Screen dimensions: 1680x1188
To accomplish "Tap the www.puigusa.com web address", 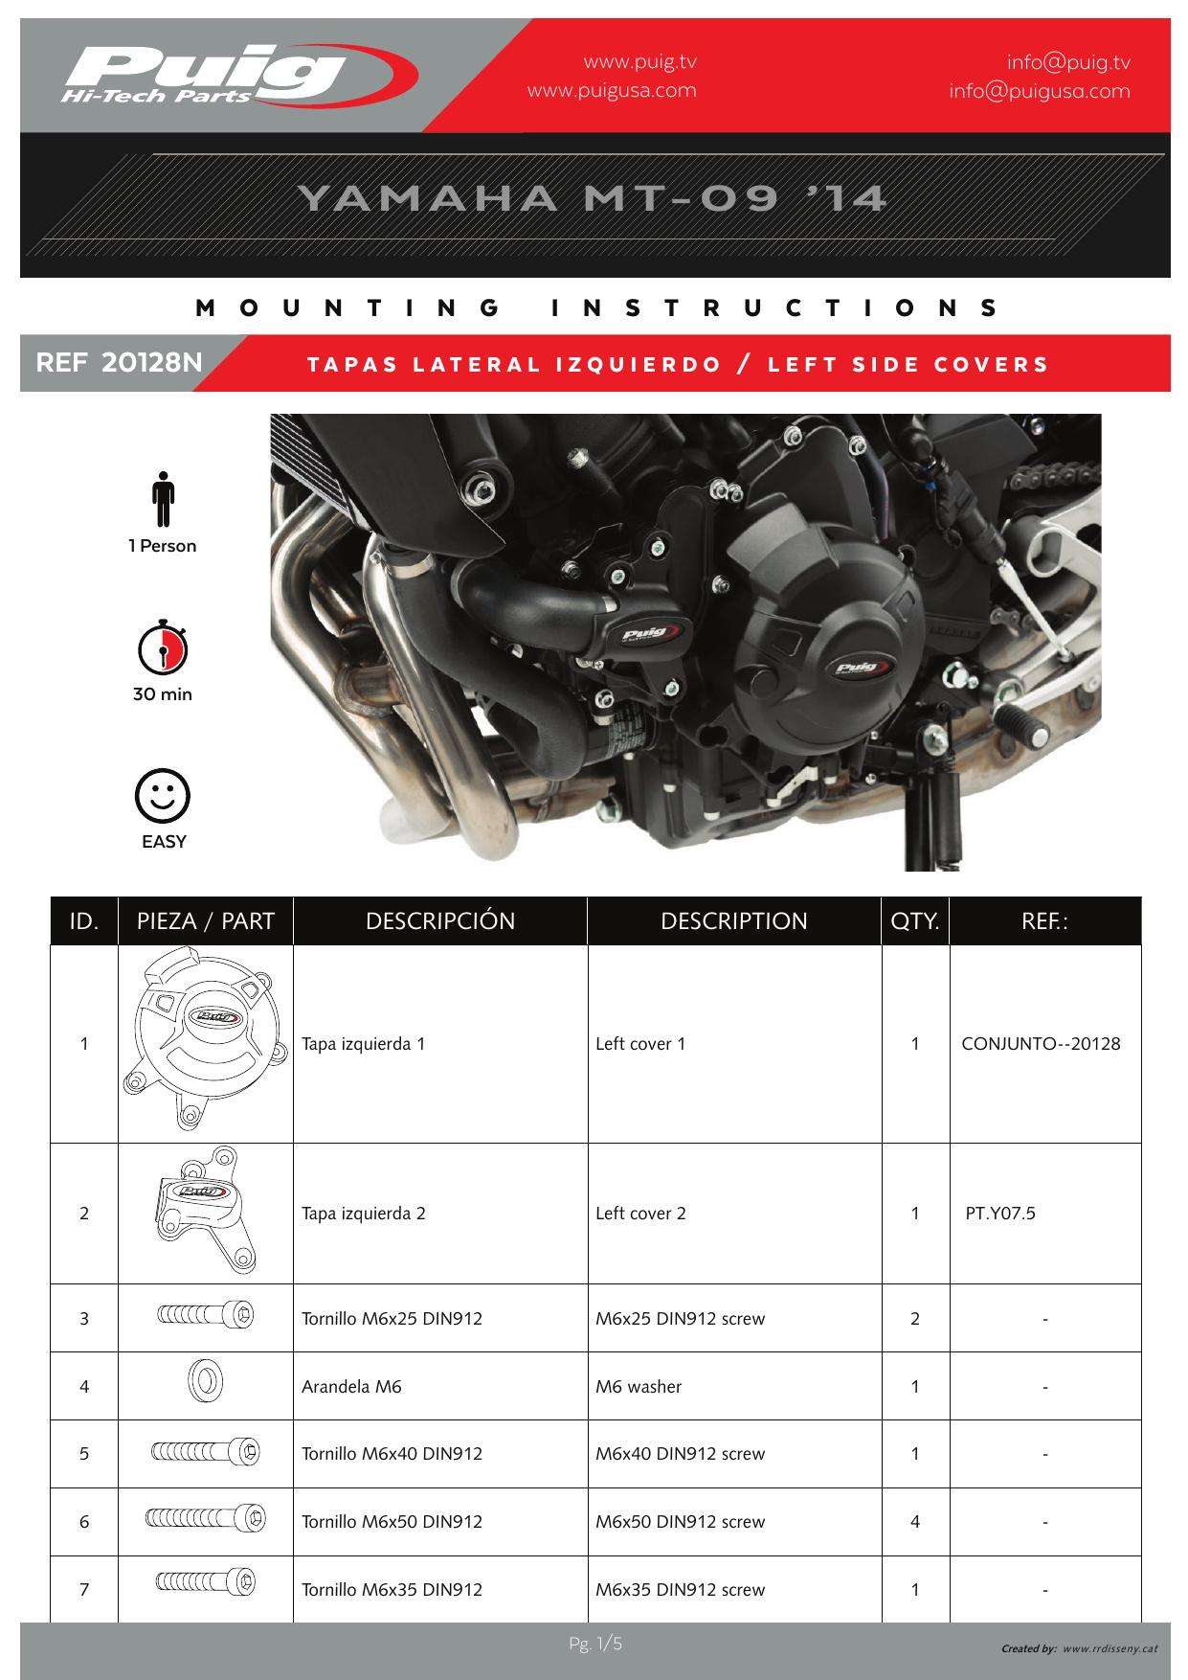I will pos(612,91).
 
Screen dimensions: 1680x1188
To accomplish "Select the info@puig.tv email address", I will pos(1067,62).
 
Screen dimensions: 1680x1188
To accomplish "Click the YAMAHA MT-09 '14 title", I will pos(593,198).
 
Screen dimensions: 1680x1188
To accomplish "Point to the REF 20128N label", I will pos(119,364).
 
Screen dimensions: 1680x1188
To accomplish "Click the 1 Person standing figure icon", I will pos(164,499).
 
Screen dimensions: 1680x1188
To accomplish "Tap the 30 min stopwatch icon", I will pos(163,648).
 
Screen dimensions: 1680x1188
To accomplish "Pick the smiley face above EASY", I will pos(163,795).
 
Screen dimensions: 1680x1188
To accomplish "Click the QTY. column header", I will pos(915,921).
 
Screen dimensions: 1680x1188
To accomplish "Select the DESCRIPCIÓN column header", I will pos(440,921).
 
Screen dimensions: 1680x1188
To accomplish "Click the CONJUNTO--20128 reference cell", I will pos(1041,1044).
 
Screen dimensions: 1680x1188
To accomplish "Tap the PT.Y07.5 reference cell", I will pos(1000,1214).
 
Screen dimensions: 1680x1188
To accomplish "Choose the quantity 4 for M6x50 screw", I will pos(915,1521).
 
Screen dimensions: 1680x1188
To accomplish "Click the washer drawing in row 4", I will pos(204,1382).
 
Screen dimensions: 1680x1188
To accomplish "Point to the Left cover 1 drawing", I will pos(205,1043).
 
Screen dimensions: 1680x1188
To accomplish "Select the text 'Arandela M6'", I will pos(351,1386).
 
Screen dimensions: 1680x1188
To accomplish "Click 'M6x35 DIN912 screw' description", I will pos(680,1589).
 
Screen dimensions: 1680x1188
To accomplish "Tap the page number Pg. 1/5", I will pos(594,1645).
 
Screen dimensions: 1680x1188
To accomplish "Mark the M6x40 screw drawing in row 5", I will pos(205,1452).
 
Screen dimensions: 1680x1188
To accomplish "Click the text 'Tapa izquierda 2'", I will pos(364,1214).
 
